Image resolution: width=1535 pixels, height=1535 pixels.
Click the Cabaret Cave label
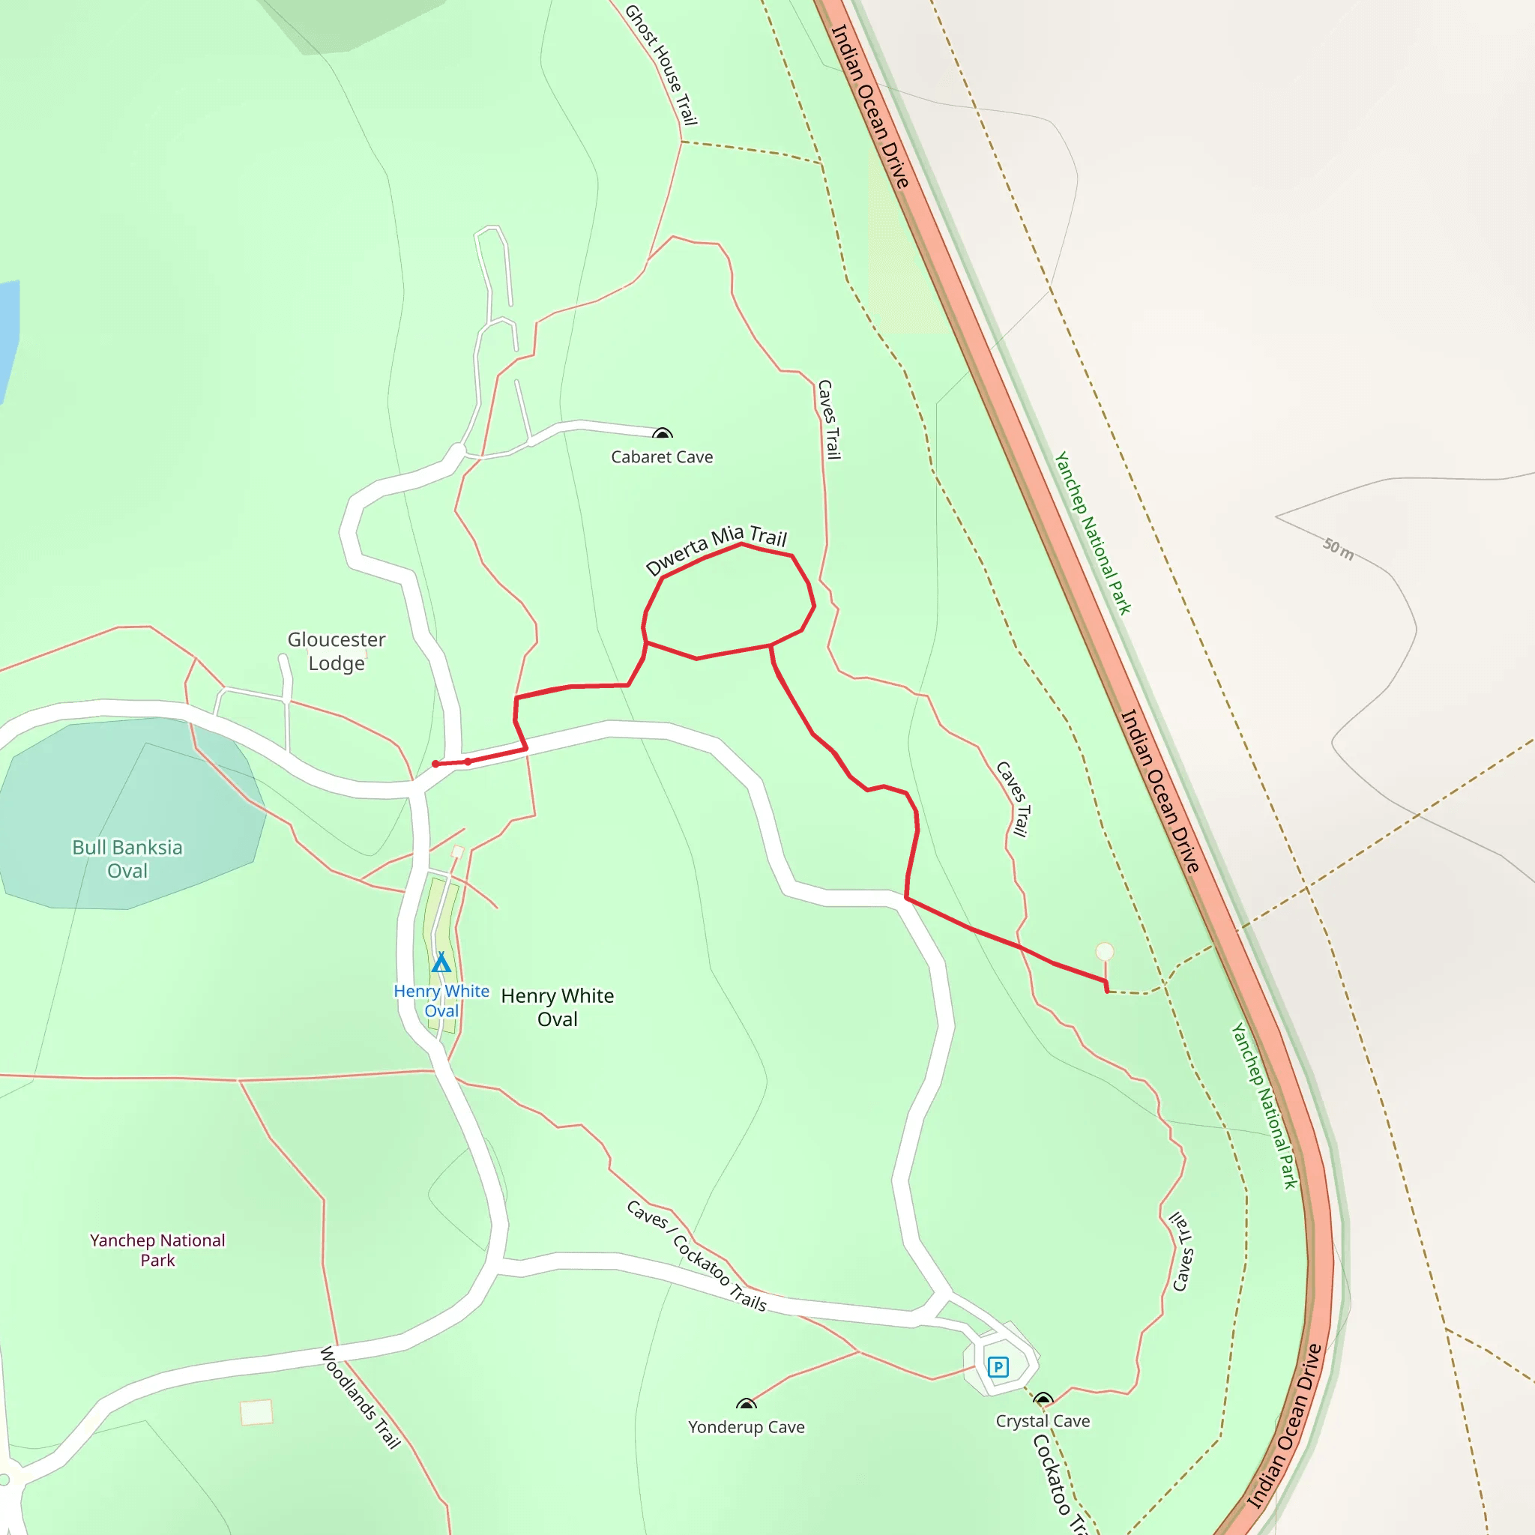[662, 457]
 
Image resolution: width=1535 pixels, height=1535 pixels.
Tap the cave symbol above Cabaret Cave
[663, 434]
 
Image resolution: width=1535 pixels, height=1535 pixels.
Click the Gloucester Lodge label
[336, 651]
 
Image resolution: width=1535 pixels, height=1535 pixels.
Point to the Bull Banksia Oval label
[127, 858]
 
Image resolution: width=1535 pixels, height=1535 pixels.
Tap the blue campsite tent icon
[441, 963]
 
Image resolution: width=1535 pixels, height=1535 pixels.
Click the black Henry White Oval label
[557, 1007]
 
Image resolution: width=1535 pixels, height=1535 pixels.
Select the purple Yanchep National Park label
[157, 1249]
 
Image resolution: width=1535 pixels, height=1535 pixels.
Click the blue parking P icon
[998, 1366]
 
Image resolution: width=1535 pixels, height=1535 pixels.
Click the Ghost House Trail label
[661, 65]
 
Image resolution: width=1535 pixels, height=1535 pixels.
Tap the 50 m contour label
[1338, 548]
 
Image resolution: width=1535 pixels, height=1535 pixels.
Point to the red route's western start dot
[435, 765]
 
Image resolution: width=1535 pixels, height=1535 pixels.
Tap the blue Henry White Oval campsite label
[441, 1001]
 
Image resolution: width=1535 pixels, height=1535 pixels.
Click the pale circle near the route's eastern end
[1104, 951]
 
